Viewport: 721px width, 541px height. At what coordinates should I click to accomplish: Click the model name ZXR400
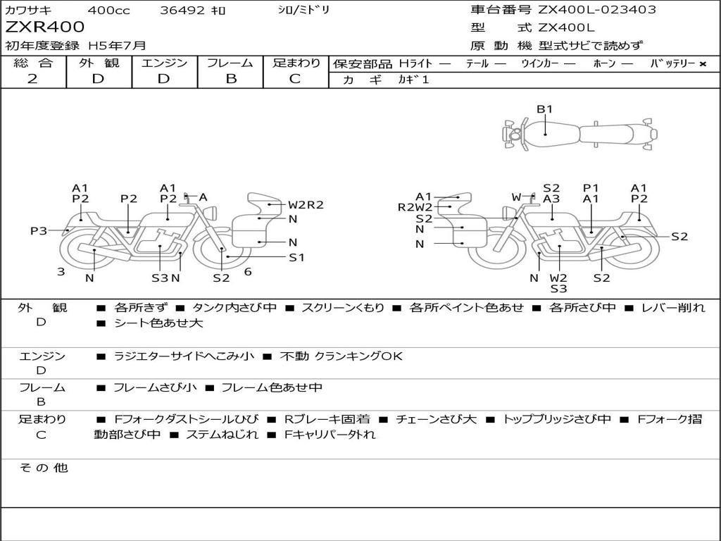[x=45, y=27]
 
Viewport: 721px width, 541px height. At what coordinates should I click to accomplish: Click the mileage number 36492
[x=182, y=10]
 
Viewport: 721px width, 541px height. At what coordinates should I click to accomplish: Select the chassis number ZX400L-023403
[x=597, y=10]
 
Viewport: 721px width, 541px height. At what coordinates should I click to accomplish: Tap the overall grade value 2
[x=32, y=78]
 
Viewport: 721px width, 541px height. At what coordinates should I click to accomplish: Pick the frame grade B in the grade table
[x=231, y=78]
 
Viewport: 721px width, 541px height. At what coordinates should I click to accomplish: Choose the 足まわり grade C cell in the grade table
[x=295, y=78]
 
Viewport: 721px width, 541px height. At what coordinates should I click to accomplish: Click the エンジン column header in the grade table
[x=165, y=63]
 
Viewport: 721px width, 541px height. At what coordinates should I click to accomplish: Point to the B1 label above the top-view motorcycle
[x=545, y=109]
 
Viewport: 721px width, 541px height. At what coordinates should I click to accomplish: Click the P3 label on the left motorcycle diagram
[x=39, y=230]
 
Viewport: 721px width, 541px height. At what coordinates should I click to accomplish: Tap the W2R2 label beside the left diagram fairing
[x=306, y=205]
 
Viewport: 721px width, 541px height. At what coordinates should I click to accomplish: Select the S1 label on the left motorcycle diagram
[x=297, y=257]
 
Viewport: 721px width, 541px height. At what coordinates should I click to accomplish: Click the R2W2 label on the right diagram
[x=415, y=207]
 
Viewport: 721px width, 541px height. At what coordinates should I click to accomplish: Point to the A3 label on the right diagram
[x=551, y=199]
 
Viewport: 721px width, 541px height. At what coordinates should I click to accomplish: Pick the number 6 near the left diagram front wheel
[x=248, y=271]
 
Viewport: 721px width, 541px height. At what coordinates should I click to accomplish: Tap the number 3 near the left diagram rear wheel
[x=61, y=271]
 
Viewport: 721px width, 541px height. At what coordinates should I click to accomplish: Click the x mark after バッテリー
[x=702, y=63]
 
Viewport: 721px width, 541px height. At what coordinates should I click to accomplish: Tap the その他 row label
[x=43, y=468]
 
